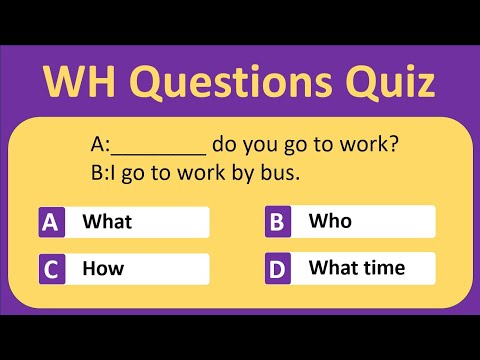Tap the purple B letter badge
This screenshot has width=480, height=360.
tap(278, 222)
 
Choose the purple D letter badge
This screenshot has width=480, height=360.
tap(278, 269)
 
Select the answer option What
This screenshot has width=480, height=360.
tap(107, 221)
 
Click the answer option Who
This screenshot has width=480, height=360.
tap(329, 220)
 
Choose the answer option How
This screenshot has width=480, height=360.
tap(103, 268)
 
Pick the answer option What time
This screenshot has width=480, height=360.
tap(357, 267)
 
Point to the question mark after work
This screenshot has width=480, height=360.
tap(395, 145)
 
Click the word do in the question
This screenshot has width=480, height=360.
tap(224, 145)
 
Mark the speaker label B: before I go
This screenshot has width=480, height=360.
tap(97, 172)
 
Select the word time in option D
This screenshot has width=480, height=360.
tap(383, 267)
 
